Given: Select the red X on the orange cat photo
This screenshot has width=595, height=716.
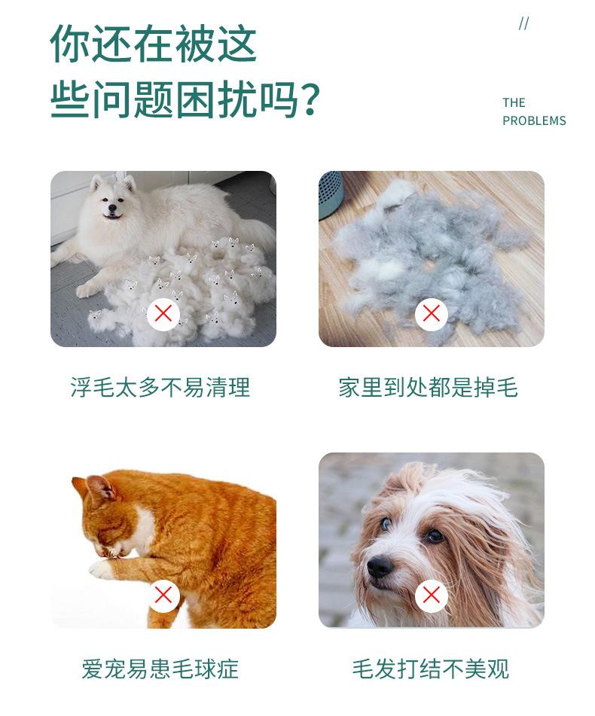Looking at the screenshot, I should (x=163, y=595).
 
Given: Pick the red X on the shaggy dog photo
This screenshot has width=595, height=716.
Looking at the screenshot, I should (x=431, y=595).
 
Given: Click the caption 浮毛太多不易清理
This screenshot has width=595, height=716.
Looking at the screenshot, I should (x=160, y=388).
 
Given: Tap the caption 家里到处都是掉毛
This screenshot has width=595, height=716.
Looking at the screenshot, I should (x=428, y=388).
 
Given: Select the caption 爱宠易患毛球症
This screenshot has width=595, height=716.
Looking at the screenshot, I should (x=160, y=669).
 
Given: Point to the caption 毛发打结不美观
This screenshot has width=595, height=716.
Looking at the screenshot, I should (x=430, y=669).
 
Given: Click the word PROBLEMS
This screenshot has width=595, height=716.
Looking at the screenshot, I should (x=534, y=120).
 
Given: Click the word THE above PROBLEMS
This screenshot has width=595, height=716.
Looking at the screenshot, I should (x=514, y=103).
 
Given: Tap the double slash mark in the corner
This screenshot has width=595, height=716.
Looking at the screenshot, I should (x=523, y=24).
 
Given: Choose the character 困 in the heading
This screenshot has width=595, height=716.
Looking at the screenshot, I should (x=196, y=100).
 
